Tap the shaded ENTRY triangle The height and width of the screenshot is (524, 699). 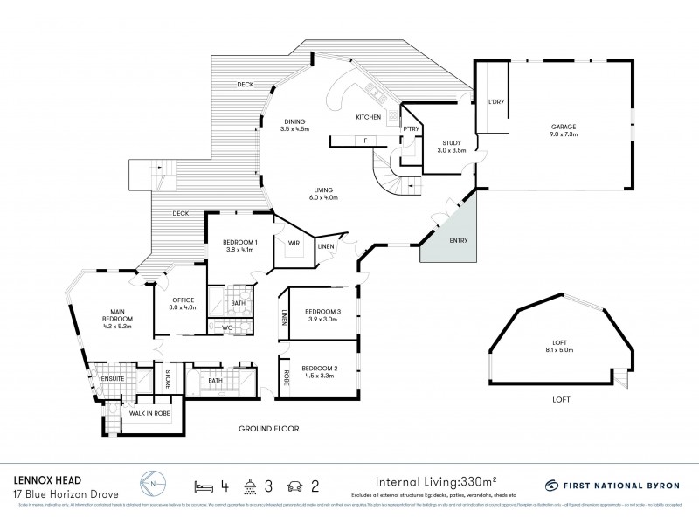[451, 232]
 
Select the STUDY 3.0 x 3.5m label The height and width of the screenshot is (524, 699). [451, 146]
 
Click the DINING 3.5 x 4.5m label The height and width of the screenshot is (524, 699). [295, 126]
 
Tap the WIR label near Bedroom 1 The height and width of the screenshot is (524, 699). [293, 245]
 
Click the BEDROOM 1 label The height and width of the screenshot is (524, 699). [239, 245]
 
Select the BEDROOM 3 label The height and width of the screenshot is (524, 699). [321, 315]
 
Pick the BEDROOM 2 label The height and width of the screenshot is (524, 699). [319, 372]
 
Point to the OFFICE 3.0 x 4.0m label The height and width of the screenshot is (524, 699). [183, 304]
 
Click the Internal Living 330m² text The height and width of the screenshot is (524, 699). [437, 481]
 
